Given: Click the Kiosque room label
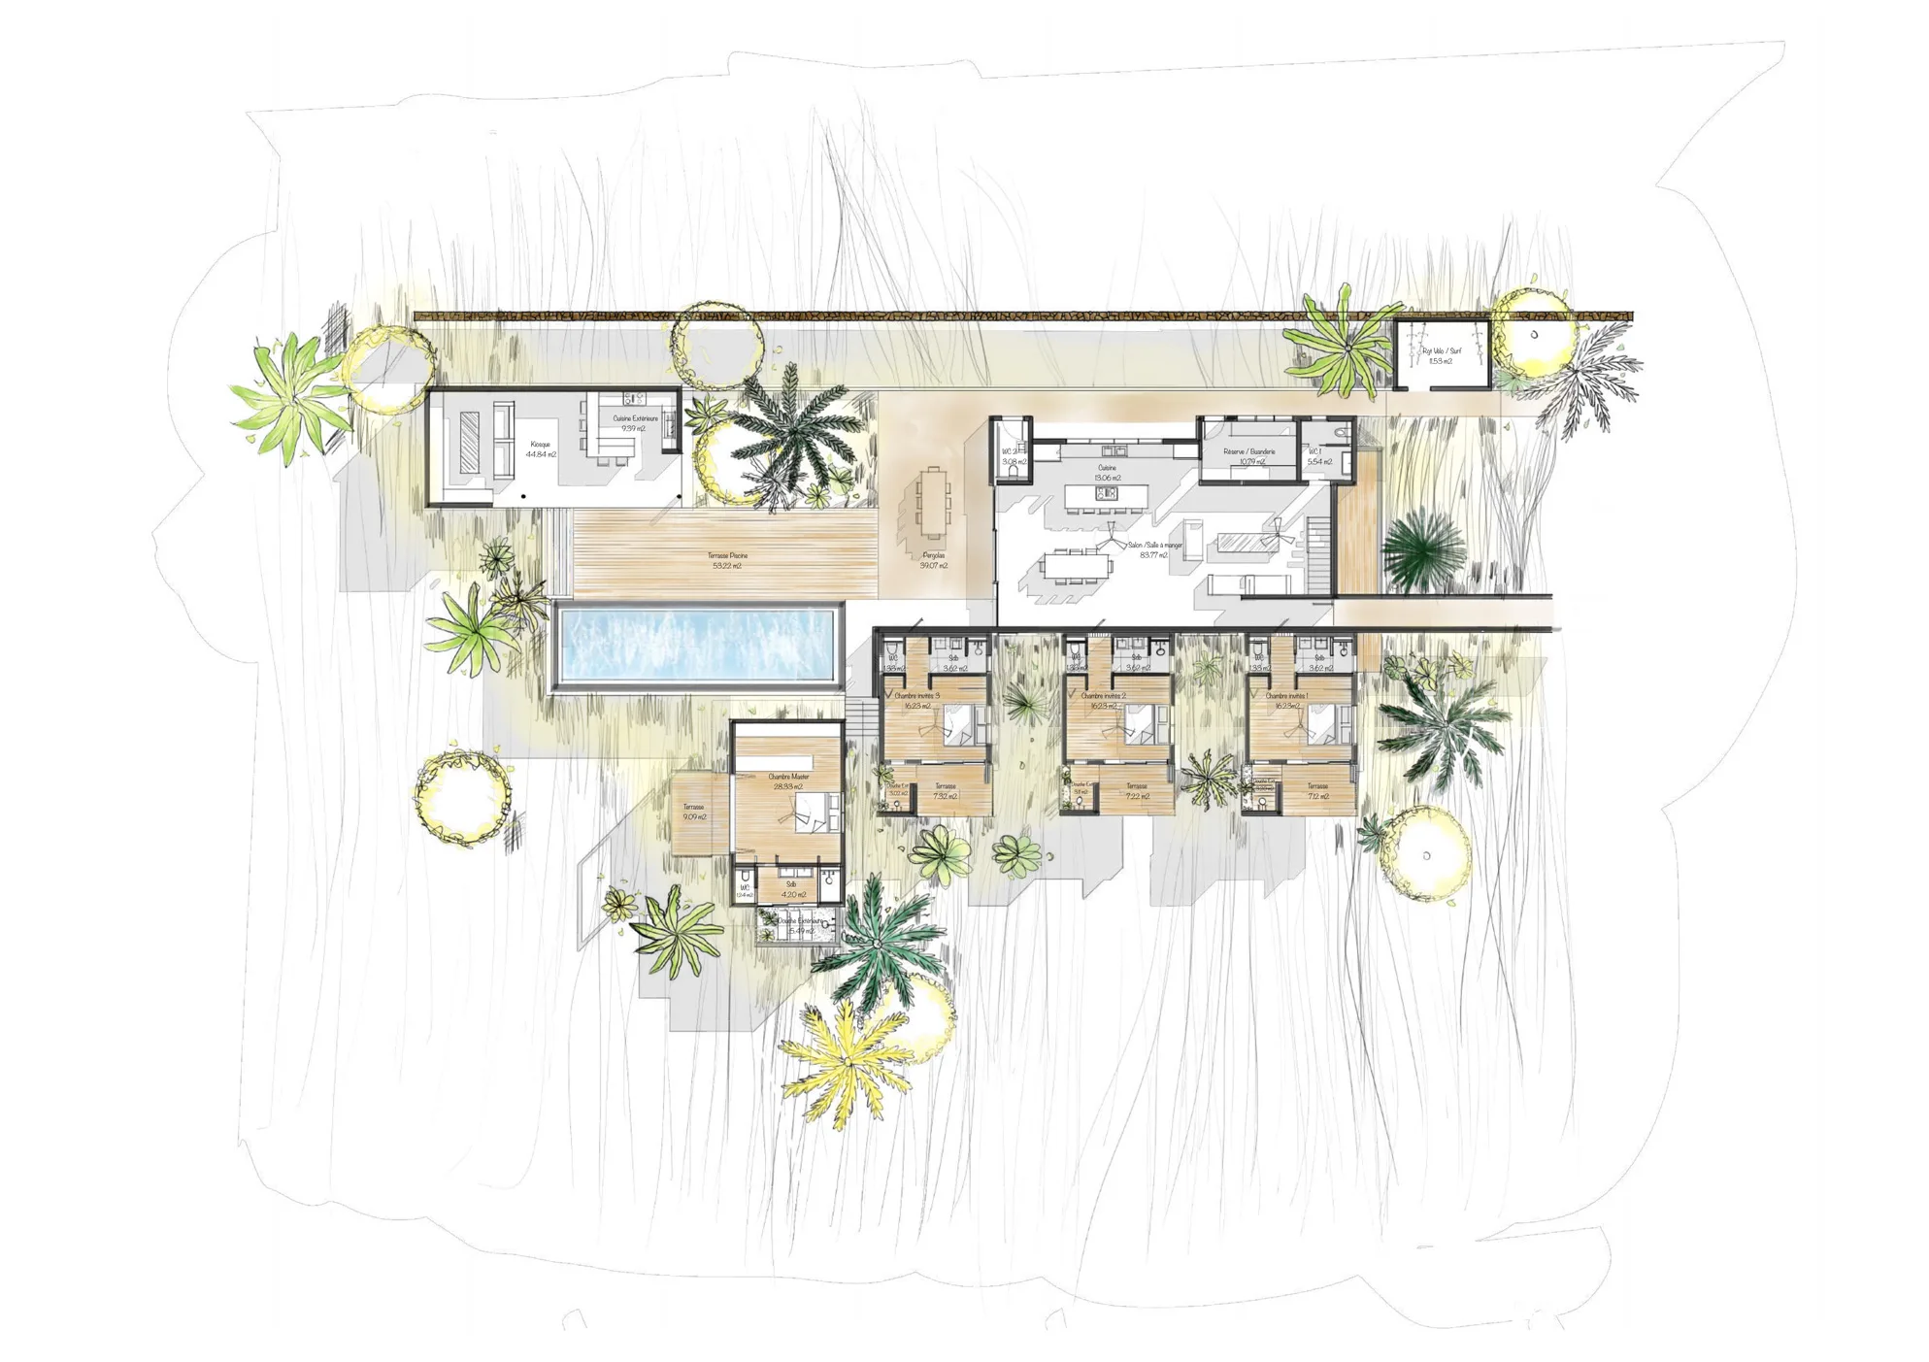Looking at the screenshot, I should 541,448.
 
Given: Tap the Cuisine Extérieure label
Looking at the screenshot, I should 635,423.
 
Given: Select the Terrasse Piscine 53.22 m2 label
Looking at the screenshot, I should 727,560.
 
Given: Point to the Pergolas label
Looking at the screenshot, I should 934,560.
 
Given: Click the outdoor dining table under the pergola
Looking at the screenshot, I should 933,502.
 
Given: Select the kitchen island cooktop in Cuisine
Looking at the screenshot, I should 1106,494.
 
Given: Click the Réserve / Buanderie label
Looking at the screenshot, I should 1249,456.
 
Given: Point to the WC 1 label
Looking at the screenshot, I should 1318,456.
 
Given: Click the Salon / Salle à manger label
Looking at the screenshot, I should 1154,549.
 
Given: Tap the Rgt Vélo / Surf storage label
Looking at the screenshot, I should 1441,355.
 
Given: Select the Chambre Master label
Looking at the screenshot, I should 787,781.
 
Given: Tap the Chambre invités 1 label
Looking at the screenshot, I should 1286,700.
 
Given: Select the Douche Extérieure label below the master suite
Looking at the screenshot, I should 801,925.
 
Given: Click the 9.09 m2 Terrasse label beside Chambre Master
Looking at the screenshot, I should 693,813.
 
